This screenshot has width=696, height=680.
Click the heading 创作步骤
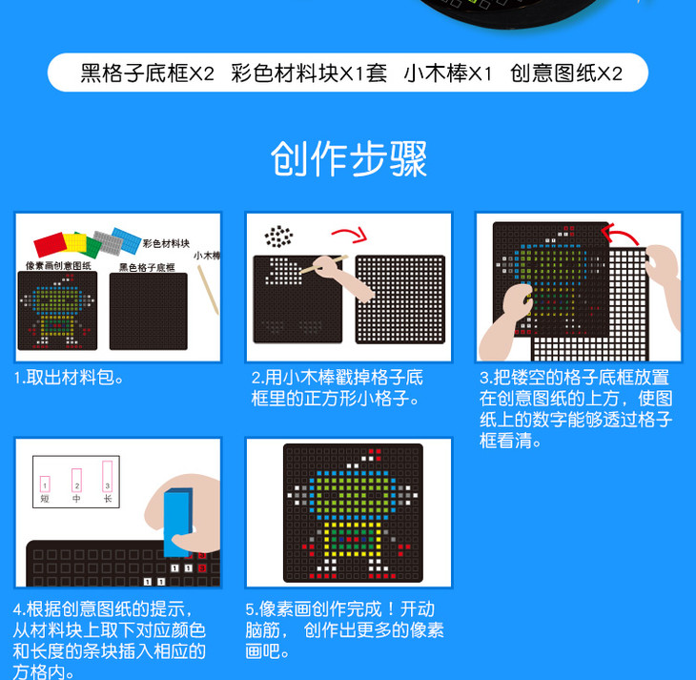pos(348,159)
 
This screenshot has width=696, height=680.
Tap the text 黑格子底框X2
pos(148,73)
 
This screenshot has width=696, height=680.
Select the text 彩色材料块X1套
pos(309,73)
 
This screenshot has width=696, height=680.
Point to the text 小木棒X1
pos(448,73)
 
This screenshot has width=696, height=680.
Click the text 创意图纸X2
pos(566,73)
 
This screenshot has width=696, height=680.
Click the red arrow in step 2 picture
pos(351,234)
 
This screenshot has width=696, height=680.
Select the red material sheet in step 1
pos(51,245)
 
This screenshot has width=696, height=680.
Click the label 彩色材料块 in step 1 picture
pos(166,243)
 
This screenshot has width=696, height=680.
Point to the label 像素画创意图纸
pos(58,265)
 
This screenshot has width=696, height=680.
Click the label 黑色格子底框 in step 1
pos(147,267)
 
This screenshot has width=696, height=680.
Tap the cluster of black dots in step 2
pos(278,237)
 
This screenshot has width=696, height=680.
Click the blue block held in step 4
pos(178,523)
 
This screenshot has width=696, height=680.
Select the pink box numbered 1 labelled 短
pos(45,484)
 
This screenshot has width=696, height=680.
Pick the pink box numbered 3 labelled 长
pos(108,476)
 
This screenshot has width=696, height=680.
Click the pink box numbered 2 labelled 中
pos(76,480)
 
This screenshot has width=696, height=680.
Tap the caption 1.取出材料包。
pos(69,378)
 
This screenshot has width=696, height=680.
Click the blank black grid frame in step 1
pos(148,311)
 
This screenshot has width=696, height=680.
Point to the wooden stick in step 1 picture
pos(208,290)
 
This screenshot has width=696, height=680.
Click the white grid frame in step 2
pos(399,299)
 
